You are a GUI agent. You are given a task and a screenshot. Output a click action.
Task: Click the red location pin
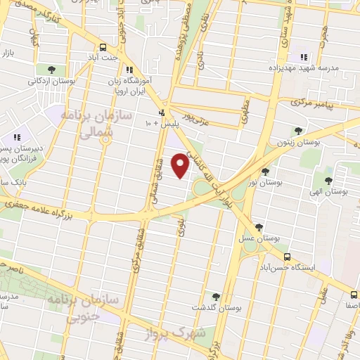point(181,165)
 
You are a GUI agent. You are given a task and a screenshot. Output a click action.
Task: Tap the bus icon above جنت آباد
point(103,48)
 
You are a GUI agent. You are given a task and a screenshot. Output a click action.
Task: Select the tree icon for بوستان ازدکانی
point(52,69)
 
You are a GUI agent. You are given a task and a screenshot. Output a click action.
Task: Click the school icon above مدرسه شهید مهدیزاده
point(304,56)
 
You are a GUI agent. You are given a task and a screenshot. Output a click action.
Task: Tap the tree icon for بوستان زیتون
point(299,131)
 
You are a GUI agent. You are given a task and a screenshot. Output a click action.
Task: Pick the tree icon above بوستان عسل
point(259,227)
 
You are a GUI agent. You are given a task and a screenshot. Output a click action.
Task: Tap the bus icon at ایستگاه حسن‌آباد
point(286,257)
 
